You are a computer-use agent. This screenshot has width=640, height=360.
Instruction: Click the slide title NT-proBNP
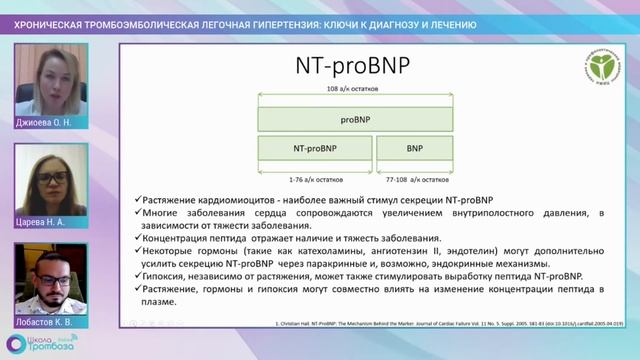[357, 66]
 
